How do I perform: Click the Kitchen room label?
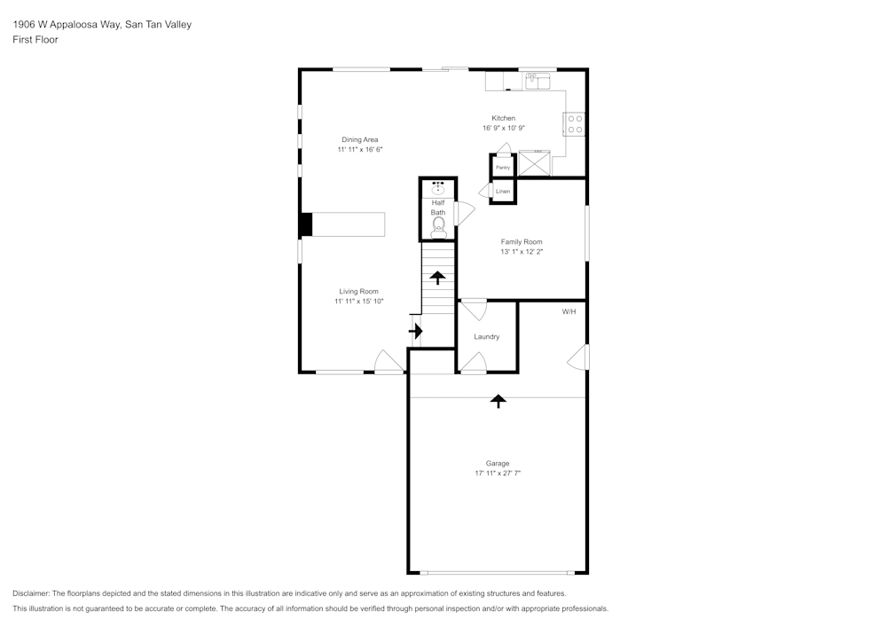coord(504,119)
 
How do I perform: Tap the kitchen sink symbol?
coord(536,82)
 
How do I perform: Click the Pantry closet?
coord(503,167)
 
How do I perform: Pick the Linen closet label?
coord(503,192)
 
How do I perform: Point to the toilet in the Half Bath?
coord(438,230)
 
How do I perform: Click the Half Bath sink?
coord(438,188)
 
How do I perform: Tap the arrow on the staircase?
coord(438,277)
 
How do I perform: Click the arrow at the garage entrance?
coord(498,401)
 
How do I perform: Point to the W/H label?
coord(569,312)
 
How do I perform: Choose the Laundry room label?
coord(486,337)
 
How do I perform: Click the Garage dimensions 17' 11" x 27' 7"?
coord(497,474)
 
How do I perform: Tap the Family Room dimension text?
coord(521,252)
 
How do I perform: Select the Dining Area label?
coord(360,139)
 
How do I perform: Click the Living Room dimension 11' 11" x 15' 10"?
coord(358,302)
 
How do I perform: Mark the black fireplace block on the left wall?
coord(305,224)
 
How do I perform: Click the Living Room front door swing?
coord(388,361)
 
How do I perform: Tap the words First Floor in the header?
coord(35,40)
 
